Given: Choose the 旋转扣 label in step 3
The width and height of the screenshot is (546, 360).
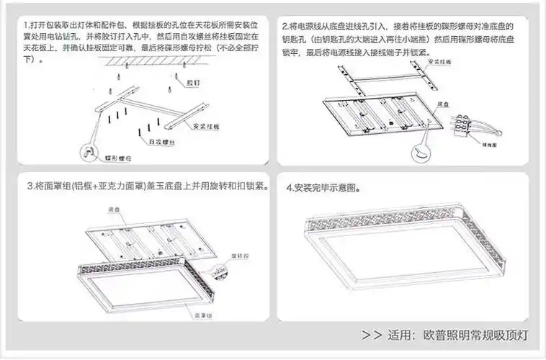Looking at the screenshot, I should (240, 256).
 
